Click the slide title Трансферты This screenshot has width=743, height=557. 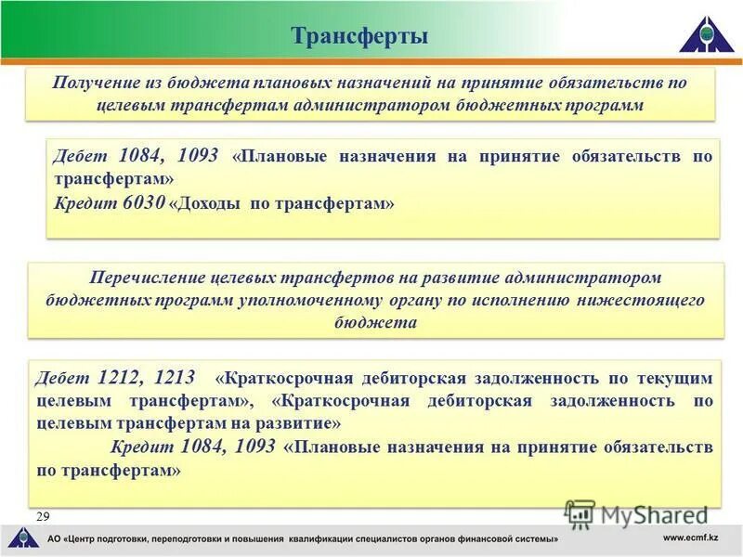[x=359, y=36]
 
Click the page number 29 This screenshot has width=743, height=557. [x=43, y=515]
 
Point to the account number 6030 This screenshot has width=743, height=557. [x=143, y=201]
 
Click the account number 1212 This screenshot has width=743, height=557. [x=118, y=377]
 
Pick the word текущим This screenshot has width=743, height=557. [x=679, y=378]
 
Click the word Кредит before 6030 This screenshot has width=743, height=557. [x=85, y=201]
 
